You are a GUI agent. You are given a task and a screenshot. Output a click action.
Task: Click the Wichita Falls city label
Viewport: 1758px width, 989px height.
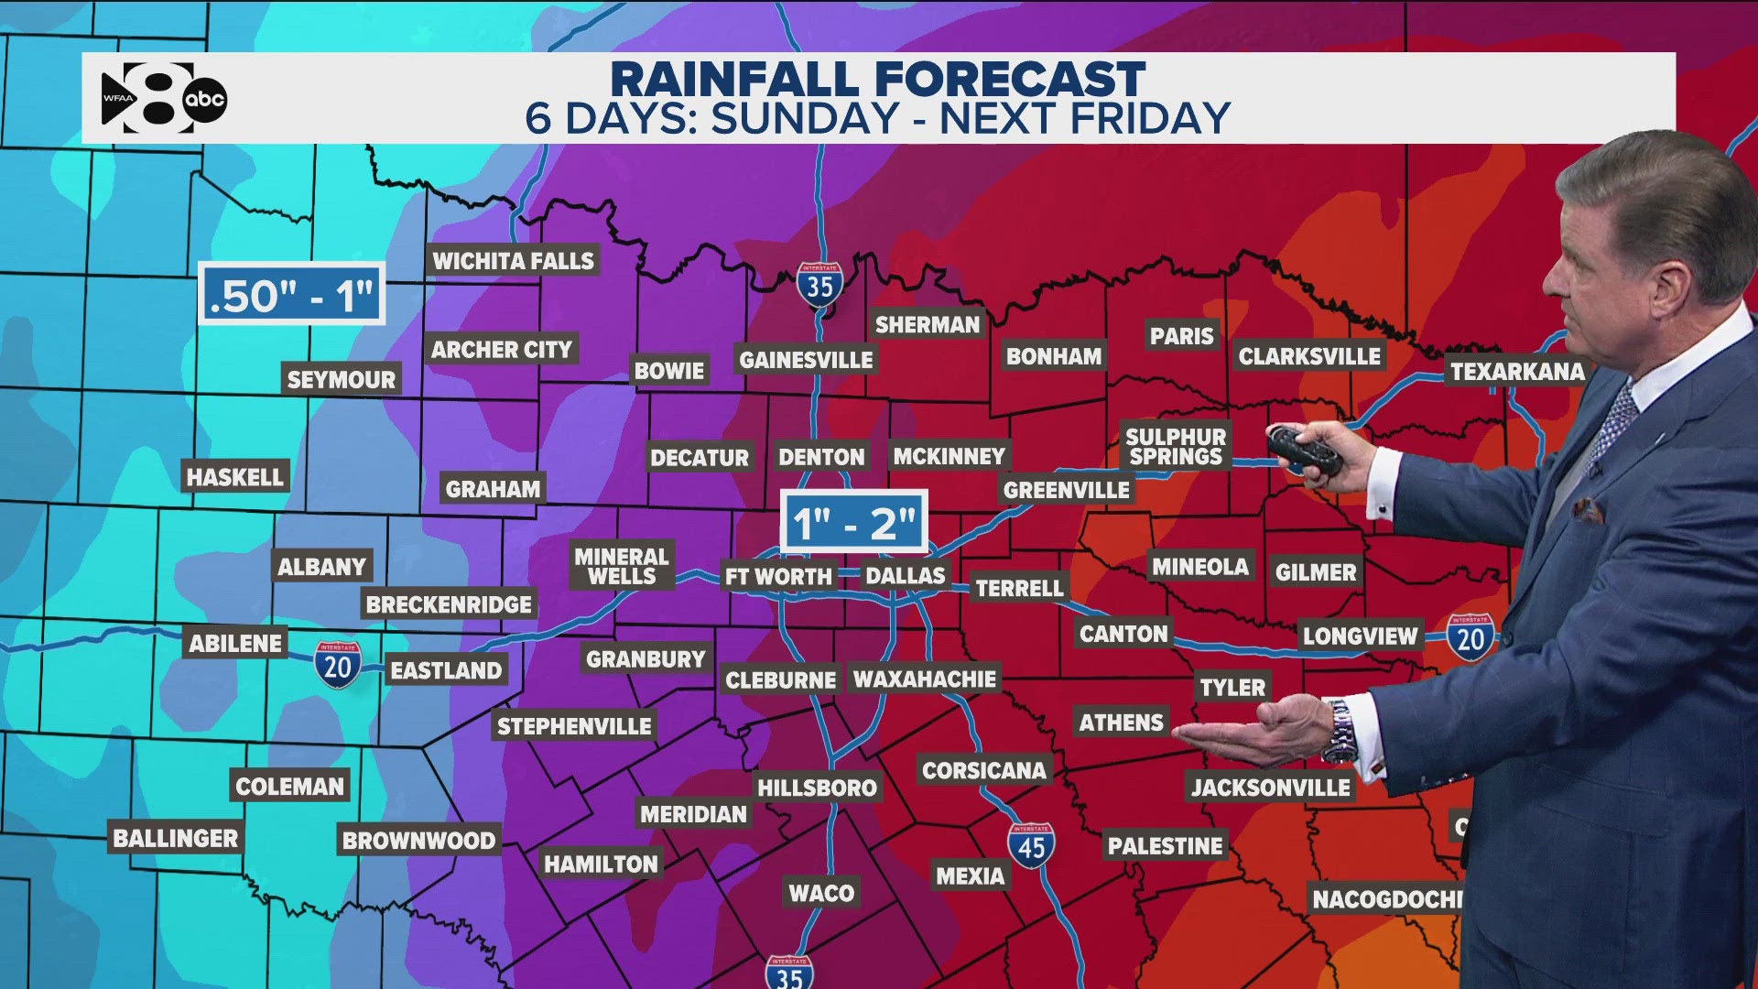pos(513,261)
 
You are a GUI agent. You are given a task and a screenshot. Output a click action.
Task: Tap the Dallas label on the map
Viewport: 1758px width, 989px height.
pos(905,575)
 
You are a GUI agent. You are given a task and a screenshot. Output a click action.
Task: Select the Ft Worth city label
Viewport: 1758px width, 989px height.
pos(778,577)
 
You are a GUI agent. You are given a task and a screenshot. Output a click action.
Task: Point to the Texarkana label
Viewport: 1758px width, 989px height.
pos(1516,372)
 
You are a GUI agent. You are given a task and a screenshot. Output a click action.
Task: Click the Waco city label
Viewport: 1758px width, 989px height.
pos(821,893)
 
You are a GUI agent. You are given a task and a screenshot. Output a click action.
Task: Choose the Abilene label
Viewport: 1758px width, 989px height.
pos(235,643)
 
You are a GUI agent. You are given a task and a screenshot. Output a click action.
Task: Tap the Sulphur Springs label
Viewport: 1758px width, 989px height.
pos(1176,447)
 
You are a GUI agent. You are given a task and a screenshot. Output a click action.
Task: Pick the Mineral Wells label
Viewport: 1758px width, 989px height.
pos(622,566)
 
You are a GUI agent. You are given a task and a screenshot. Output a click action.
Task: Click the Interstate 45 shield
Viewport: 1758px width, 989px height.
pos(1031,845)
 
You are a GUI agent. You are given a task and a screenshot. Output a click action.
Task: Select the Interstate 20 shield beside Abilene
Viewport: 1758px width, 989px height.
pos(337,664)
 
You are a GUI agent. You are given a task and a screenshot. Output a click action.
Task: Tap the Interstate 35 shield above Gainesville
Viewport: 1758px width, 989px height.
pos(819,285)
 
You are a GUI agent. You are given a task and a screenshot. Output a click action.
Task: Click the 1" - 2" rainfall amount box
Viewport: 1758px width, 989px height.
pos(853,522)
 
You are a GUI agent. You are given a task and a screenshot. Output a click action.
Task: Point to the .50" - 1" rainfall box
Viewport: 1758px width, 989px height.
pos(291,294)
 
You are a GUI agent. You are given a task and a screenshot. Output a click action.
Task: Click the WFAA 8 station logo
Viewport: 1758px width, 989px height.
pos(146,98)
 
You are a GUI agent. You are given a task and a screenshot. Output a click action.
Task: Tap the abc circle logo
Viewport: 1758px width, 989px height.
pos(204,99)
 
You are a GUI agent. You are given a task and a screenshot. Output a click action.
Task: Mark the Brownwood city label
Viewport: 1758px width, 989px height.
pos(418,840)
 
